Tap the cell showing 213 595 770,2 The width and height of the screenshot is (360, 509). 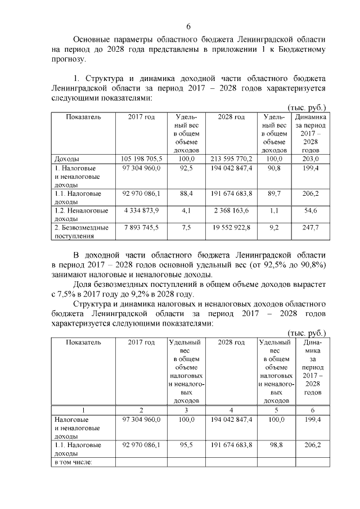[231, 159]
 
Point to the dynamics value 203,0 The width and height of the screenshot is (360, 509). [310, 159]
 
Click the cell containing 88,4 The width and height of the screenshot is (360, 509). [183, 193]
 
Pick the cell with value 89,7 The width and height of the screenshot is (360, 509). [274, 193]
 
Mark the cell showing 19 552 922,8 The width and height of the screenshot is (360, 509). [231, 228]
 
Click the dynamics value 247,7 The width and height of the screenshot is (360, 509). [310, 228]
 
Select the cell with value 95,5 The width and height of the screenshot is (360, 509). [185, 445]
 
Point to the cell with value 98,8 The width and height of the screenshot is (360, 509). [276, 445]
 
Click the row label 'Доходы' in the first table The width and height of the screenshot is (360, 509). [66, 159]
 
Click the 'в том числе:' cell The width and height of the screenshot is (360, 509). [73, 462]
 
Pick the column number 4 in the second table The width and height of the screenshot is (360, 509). [231, 411]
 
